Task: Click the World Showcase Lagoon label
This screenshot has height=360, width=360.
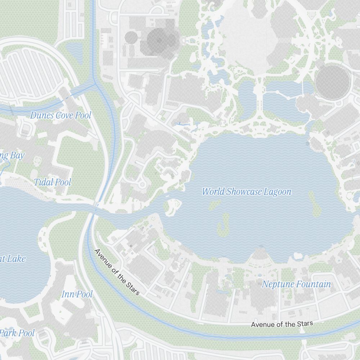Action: coord(247,192)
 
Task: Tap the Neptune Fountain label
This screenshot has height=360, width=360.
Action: coord(296,284)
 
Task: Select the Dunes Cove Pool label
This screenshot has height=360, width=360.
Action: coord(60,115)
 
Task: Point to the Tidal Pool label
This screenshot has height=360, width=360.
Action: coord(53,182)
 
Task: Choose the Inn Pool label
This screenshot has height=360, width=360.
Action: coord(77,294)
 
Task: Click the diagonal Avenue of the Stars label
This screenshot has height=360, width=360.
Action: coord(117,272)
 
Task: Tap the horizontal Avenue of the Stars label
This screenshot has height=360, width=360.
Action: coord(282,324)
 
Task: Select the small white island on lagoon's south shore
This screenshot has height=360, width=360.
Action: coord(298,256)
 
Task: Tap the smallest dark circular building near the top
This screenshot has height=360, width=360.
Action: coord(131,37)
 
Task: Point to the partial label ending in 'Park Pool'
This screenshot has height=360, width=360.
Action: coord(17,333)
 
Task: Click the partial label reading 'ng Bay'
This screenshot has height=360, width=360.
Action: coord(12,156)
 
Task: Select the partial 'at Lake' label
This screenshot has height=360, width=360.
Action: coord(13,258)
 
